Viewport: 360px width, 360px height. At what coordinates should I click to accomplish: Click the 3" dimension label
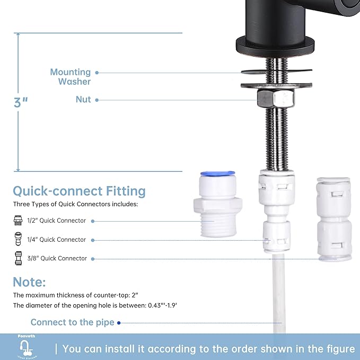(21, 102)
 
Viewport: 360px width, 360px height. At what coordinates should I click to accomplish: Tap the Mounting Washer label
(71, 77)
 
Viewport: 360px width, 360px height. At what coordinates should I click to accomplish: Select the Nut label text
(83, 100)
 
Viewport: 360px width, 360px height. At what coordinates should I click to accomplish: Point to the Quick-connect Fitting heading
(79, 191)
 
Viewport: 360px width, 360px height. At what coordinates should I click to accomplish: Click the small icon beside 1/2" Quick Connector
(18, 221)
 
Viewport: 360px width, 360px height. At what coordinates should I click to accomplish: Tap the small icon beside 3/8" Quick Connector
(18, 258)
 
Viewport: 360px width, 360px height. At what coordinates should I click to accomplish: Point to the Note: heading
(29, 282)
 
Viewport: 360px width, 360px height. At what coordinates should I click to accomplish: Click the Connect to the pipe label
(72, 322)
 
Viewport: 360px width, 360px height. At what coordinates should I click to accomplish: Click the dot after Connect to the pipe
(119, 322)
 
